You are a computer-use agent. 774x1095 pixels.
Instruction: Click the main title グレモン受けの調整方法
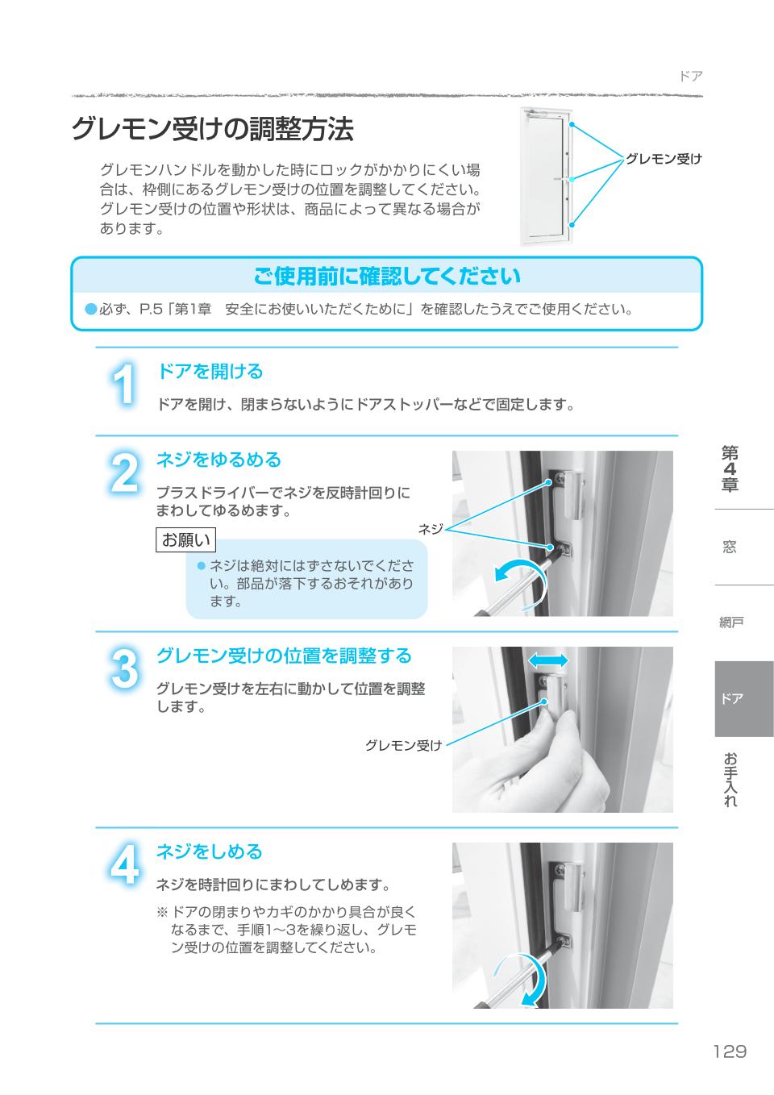(212, 129)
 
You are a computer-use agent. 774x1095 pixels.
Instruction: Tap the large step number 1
(123, 385)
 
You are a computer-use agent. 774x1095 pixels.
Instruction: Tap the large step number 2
(123, 474)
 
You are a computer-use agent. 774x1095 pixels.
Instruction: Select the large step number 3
(123, 670)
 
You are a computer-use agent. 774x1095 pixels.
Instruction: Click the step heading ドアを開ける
(210, 372)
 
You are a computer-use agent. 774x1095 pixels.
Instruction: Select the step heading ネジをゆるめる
(218, 460)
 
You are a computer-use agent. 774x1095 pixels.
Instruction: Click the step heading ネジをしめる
(209, 851)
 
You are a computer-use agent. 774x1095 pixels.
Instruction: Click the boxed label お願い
(185, 539)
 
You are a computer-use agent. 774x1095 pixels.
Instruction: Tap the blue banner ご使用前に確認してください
(386, 277)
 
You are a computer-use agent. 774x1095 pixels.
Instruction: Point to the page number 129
(729, 1051)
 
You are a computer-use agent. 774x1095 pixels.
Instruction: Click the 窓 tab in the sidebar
(730, 547)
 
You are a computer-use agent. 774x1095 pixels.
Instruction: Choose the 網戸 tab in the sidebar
(731, 622)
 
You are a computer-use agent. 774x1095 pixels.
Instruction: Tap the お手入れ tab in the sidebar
(730, 780)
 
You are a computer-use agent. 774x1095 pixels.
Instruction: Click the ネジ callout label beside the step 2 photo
(431, 529)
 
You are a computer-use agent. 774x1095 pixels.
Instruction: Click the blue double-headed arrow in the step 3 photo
(547, 660)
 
